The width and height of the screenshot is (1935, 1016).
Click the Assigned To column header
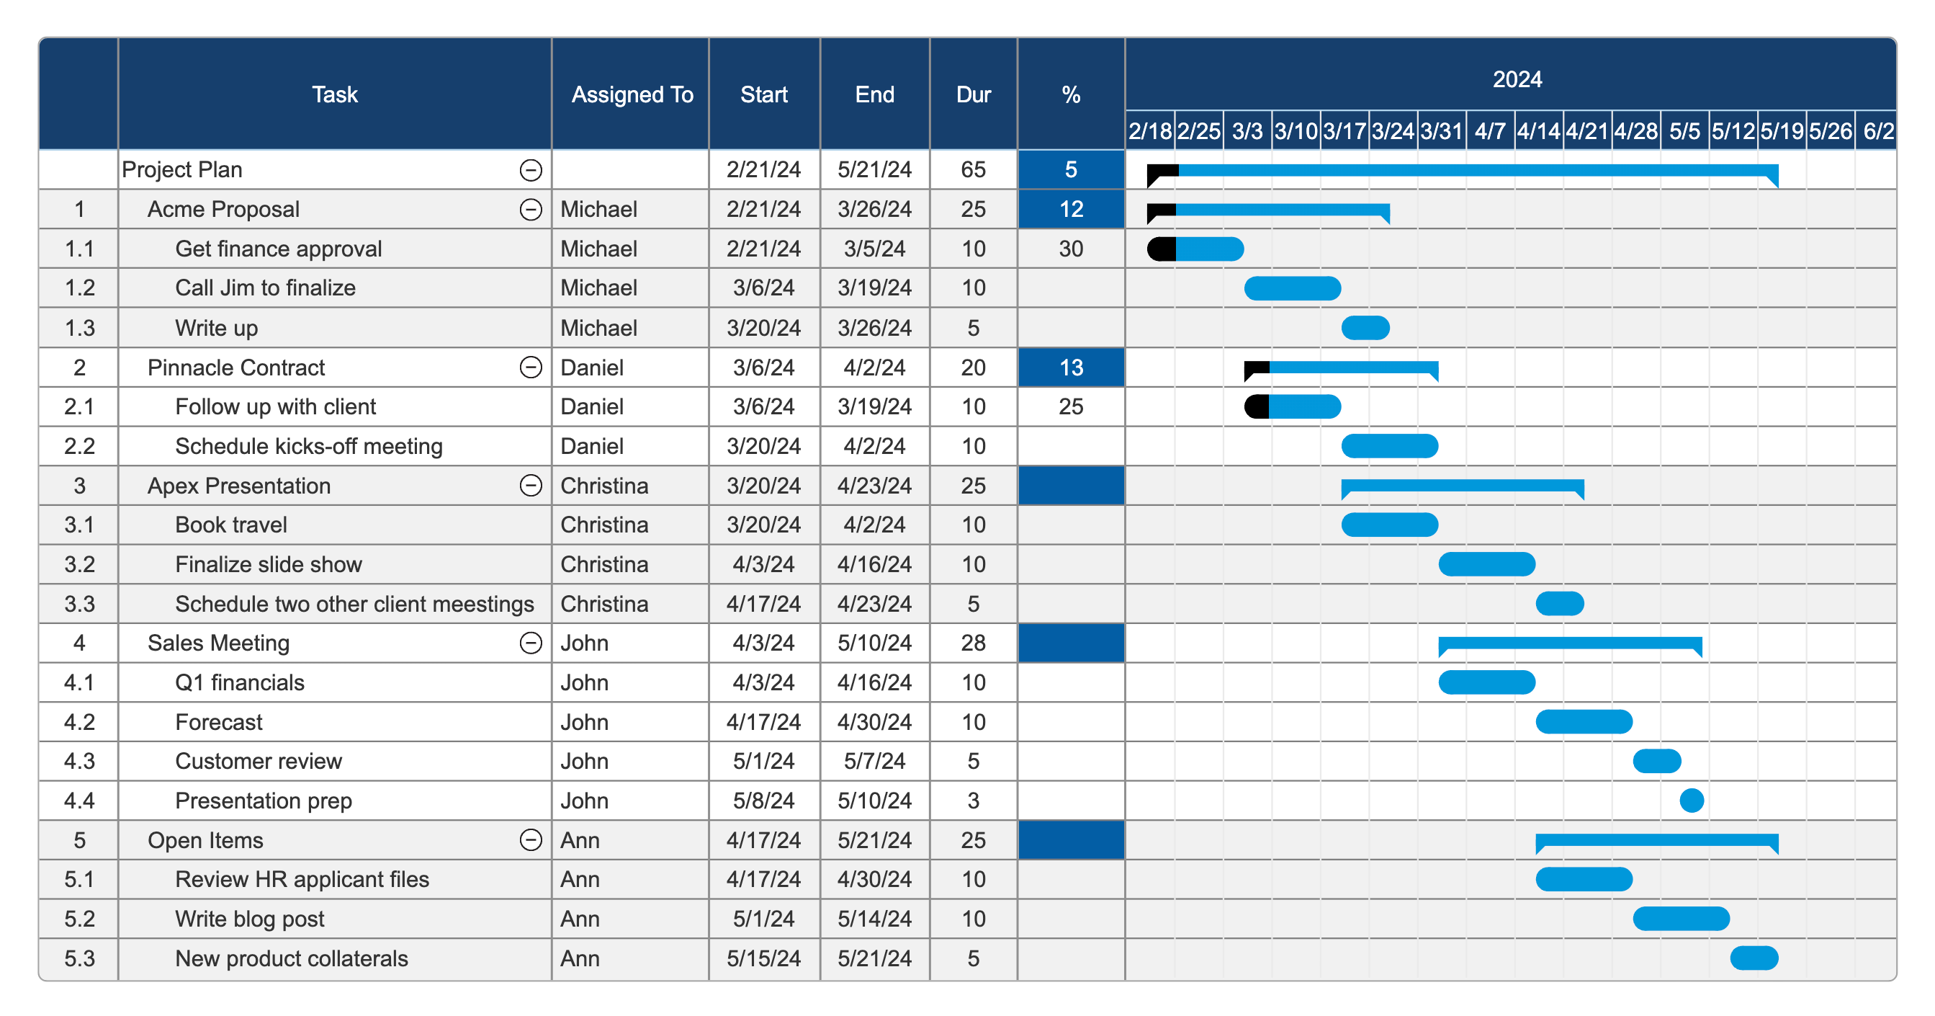[x=631, y=94]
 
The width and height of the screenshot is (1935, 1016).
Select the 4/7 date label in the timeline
[x=1489, y=132]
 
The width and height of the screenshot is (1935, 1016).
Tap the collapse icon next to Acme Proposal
[x=530, y=210]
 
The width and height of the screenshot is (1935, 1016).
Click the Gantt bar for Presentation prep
[x=1691, y=801]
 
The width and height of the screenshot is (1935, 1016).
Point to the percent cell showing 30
[x=1070, y=249]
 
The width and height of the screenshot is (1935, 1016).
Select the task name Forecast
[x=219, y=722]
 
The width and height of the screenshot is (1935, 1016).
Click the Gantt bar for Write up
[x=1365, y=329]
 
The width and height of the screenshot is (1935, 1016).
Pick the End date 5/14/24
[x=874, y=919]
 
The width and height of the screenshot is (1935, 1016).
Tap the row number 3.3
[x=79, y=604]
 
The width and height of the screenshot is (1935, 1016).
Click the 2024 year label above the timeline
[x=1516, y=80]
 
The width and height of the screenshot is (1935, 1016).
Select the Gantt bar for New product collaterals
[x=1754, y=958]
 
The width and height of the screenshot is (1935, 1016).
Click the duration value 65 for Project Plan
[x=973, y=170]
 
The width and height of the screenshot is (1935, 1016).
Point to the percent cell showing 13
[x=1070, y=367]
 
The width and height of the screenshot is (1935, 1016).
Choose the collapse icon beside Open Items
[x=530, y=840]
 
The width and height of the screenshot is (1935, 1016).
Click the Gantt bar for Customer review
[x=1656, y=761]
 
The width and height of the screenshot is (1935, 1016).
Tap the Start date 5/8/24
[x=763, y=801]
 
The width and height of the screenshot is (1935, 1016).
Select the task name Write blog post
[x=249, y=919]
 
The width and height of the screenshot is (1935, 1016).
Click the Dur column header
[x=973, y=94]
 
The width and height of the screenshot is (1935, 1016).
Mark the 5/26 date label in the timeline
[x=1829, y=132]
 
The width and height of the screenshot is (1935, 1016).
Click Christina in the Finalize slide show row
[x=604, y=564]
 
